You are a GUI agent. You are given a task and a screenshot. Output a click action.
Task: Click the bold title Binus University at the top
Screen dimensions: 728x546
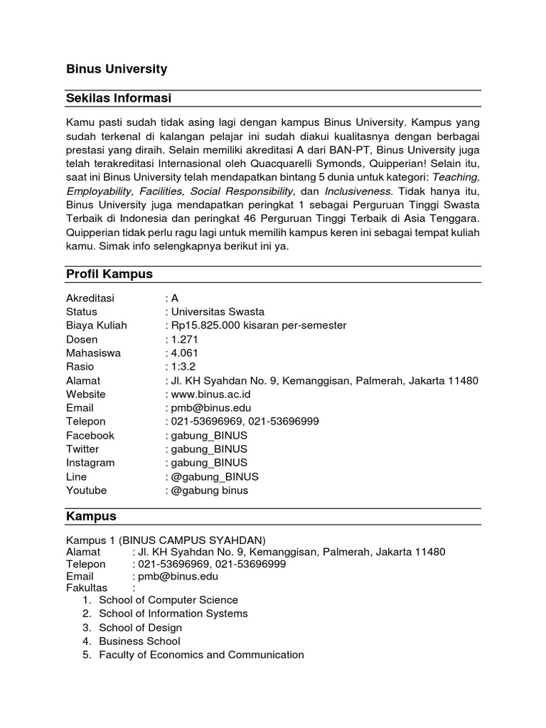coord(117,69)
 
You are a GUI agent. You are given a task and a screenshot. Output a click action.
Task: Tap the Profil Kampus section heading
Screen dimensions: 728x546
coord(109,274)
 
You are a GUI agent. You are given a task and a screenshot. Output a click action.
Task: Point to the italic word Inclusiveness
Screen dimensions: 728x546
coord(358,191)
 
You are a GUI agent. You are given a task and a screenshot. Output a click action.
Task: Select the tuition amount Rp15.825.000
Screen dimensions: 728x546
coord(208,325)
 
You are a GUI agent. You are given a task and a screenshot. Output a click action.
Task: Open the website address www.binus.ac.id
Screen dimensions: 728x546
coord(210,394)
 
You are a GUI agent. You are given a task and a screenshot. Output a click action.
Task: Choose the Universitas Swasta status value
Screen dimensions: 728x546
coord(217,311)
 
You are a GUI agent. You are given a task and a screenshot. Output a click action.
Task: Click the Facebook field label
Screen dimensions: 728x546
coord(90,435)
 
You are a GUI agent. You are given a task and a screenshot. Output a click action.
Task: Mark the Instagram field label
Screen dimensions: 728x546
coord(90,462)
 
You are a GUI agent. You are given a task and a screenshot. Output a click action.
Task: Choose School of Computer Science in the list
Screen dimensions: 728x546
coord(168,600)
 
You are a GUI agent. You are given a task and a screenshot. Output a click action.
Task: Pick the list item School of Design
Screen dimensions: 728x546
coord(140,628)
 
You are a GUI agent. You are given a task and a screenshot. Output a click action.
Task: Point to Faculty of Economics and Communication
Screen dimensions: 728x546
coord(201,655)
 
